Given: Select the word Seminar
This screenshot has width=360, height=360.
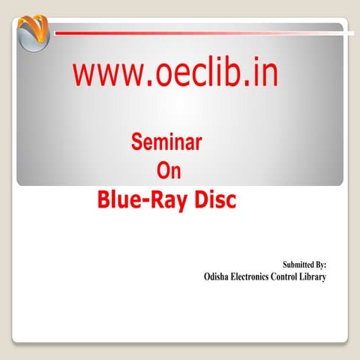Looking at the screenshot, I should (x=166, y=142).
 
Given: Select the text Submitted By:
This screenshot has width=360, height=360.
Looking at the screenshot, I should (x=303, y=265).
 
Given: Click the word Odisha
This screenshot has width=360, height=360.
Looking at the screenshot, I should (x=220, y=277).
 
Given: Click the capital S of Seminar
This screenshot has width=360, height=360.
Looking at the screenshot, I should (x=136, y=142).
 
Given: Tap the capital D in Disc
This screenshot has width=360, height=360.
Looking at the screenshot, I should (x=199, y=201).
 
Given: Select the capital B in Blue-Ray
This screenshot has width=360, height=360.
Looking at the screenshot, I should (x=105, y=201).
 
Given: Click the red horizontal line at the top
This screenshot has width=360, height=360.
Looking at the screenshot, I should (x=202, y=32).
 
